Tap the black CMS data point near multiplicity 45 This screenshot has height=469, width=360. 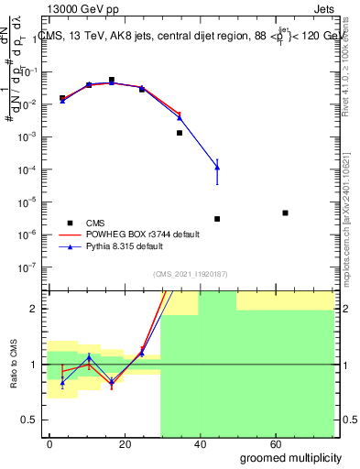pos(217,219)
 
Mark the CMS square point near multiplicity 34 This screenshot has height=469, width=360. pos(180,133)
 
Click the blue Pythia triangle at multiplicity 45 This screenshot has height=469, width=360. pos(217,166)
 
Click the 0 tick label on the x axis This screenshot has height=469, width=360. pos(50,443)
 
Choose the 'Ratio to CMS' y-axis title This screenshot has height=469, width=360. pos(12,364)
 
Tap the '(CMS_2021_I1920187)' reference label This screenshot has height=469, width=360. pos(190,273)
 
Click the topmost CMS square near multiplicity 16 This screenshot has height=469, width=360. pos(112,80)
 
